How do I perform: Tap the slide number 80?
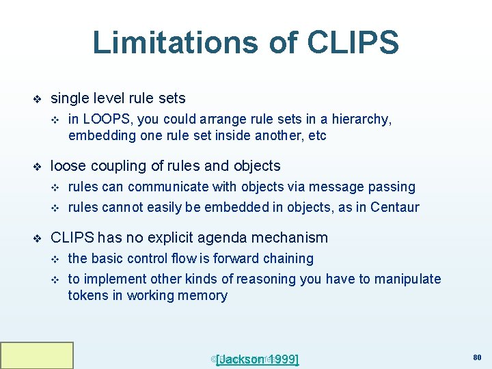click(477, 356)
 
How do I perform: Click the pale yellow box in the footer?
click(37, 355)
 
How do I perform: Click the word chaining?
click(289, 258)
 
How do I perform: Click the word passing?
click(392, 187)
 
